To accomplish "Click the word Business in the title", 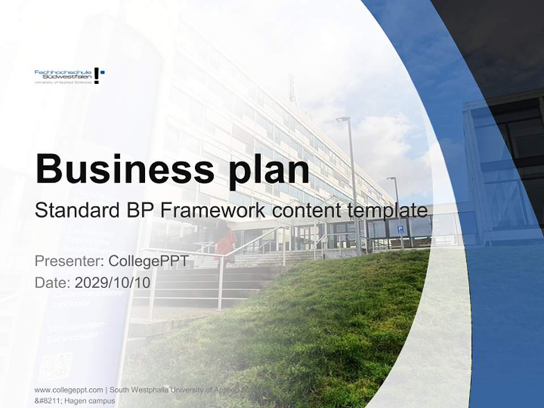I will click(120, 168).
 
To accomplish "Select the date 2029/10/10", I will click(113, 282).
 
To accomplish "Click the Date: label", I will click(52, 282).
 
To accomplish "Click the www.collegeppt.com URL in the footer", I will click(69, 390).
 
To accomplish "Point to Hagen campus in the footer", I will click(91, 401).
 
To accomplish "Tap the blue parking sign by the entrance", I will click(400, 229).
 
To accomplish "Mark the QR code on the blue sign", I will click(56, 366).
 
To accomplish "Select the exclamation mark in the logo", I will click(97, 75).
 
